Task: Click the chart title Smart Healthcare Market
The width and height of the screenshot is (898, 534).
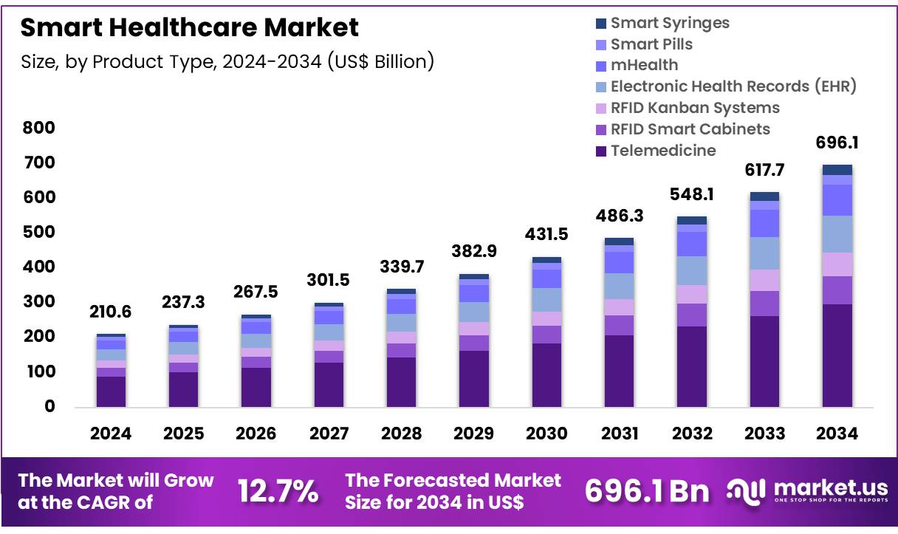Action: coord(190,28)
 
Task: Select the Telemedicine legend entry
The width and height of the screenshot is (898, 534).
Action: coord(662,151)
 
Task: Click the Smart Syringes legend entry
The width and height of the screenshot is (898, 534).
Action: coord(669,23)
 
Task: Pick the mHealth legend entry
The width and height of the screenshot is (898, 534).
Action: coord(643,65)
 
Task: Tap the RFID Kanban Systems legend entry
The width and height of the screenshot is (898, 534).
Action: coord(694,108)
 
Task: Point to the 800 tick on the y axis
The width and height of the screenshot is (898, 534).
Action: coord(39,128)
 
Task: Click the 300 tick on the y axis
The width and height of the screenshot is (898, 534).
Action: coord(39,302)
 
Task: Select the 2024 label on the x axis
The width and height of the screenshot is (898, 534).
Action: coord(111,434)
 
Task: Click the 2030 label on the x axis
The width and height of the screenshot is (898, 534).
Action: coord(546,434)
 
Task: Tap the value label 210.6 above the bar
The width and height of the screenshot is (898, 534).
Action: coord(111,312)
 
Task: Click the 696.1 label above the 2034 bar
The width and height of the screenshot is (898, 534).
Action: coord(837,142)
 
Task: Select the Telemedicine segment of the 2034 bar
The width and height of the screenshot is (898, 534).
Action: coord(837,355)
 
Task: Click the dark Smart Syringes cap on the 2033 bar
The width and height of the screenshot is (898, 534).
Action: coord(764,196)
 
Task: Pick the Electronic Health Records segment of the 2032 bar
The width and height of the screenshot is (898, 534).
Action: coord(692,270)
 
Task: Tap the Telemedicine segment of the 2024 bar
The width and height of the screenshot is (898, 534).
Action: coord(111,391)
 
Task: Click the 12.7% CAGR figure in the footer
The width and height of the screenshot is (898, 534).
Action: coord(278,492)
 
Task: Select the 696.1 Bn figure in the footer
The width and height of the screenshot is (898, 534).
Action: coord(647,492)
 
